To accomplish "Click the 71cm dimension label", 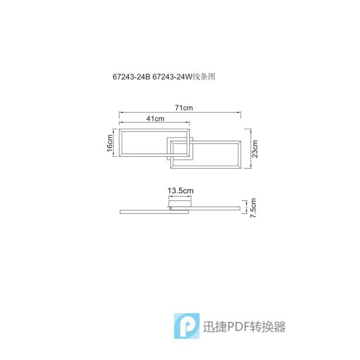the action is [x=184, y=108].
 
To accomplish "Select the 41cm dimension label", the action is [x=155, y=119].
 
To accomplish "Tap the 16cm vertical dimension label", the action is [x=109, y=143].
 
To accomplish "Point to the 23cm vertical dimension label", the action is [x=255, y=149].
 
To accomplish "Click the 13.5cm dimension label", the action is [x=180, y=191].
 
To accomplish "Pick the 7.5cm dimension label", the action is [x=253, y=208].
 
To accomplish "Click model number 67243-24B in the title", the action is [x=131, y=77].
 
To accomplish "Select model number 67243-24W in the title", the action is [x=172, y=77].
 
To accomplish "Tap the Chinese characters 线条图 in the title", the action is [x=204, y=77].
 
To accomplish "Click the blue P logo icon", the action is [x=187, y=326].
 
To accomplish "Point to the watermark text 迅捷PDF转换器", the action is [x=244, y=327].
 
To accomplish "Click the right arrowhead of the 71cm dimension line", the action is [x=239, y=112].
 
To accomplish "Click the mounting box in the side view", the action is [x=180, y=204].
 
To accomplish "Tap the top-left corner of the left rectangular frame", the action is [x=119, y=129].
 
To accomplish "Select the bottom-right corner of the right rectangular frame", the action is [x=241, y=168].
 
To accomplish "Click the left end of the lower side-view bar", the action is [x=120, y=212].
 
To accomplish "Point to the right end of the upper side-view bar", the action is [x=240, y=208].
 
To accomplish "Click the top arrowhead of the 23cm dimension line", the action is [x=251, y=131].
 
